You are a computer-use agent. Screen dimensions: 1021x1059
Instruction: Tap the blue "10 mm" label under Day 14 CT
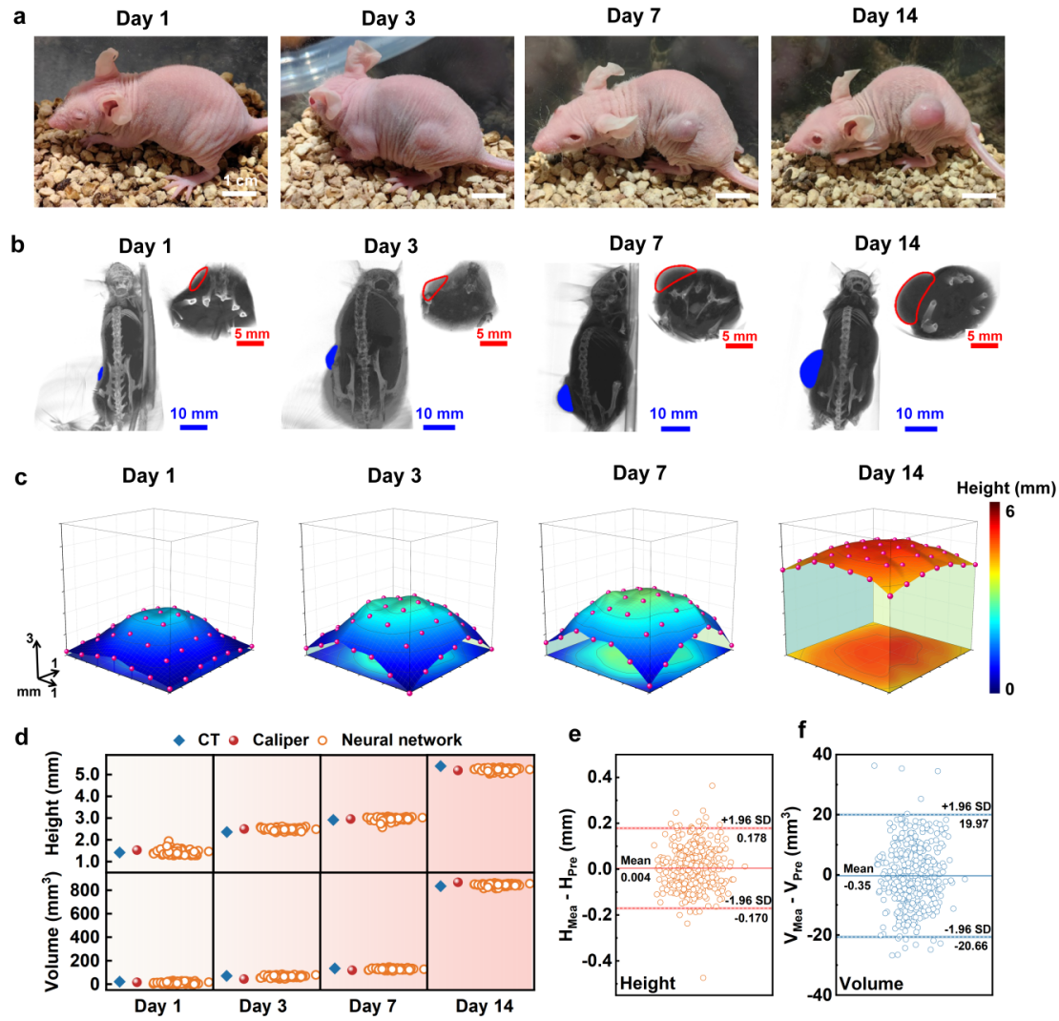point(922,413)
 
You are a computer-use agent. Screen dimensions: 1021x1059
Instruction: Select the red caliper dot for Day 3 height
point(244,829)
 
